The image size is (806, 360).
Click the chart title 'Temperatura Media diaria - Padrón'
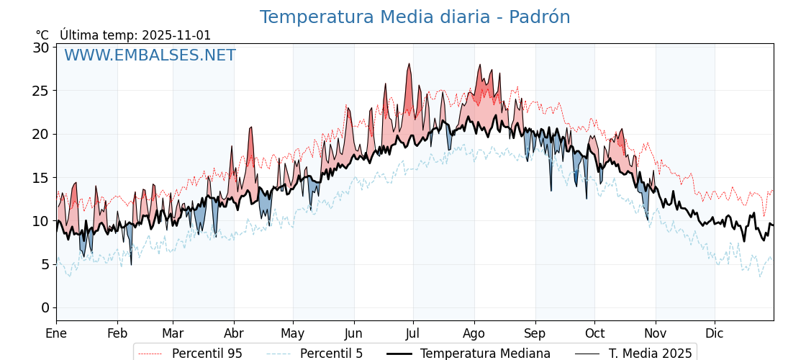click(415, 17)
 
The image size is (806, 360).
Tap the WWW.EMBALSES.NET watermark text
click(150, 55)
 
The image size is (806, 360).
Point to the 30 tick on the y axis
click(40, 48)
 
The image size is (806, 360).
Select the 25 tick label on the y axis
click(40, 91)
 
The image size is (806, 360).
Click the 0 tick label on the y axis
click(45, 307)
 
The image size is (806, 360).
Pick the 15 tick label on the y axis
click(40, 178)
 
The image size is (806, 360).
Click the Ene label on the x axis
click(56, 333)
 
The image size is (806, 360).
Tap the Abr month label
click(234, 333)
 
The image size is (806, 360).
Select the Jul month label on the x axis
click(413, 333)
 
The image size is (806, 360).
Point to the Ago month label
click(474, 333)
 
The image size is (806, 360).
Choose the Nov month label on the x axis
click(656, 333)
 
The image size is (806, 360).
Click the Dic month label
click(715, 333)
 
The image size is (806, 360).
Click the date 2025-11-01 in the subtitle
click(176, 35)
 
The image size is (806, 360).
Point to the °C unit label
click(42, 35)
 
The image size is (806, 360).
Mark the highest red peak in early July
click(409, 64)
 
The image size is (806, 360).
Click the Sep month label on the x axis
click(535, 333)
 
